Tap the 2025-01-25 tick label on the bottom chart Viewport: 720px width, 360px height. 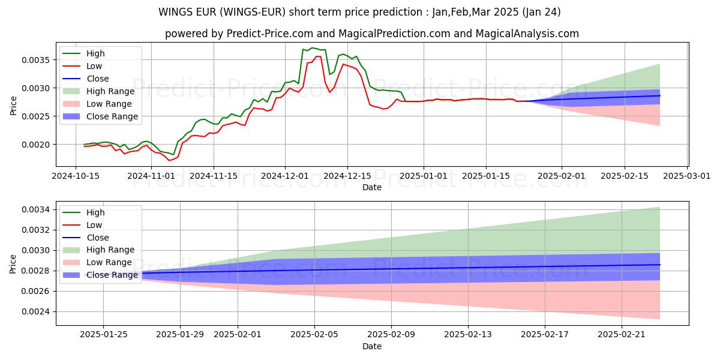point(103,334)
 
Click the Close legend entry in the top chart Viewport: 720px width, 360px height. point(98,79)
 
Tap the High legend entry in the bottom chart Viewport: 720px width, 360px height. point(96,212)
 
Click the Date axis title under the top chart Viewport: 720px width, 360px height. point(372,187)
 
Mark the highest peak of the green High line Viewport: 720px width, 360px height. point(311,48)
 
